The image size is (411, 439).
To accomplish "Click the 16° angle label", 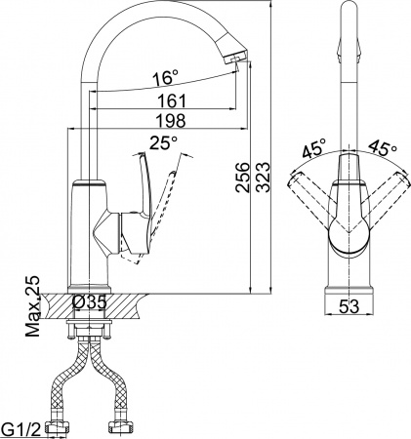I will tap(167, 77).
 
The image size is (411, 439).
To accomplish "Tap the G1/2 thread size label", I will tap(22, 425).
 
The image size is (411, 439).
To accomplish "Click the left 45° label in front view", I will tap(313, 150).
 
